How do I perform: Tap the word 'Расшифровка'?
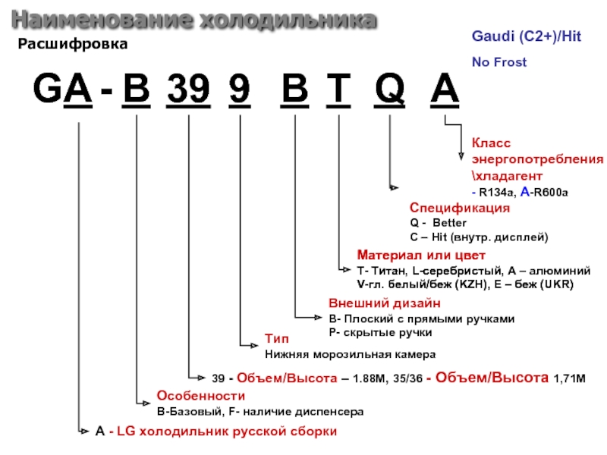(73, 45)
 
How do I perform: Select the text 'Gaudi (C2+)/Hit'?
(527, 36)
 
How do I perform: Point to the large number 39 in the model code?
(187, 93)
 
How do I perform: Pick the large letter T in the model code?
(338, 93)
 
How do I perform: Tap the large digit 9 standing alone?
(238, 93)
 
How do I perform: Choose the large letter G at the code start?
(47, 93)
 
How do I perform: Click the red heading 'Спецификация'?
(460, 208)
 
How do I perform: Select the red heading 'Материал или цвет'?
(420, 255)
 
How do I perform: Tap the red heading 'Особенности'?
(200, 396)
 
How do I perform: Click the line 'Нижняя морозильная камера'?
(350, 354)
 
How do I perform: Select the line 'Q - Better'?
(439, 223)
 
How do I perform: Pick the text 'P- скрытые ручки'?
(380, 332)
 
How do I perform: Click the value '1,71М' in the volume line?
(570, 377)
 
